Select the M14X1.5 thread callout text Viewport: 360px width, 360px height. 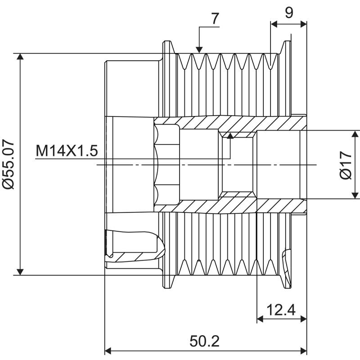67,151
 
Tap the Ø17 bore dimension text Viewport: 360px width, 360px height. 346,165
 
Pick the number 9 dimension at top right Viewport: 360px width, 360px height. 289,12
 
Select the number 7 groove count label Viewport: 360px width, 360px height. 215,18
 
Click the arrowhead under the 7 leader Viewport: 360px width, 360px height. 198,49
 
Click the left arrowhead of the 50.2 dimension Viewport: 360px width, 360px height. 108,351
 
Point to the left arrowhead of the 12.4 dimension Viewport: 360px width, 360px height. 260,319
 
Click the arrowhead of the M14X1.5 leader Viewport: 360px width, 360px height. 230,135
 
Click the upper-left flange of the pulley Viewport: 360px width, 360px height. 166,52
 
